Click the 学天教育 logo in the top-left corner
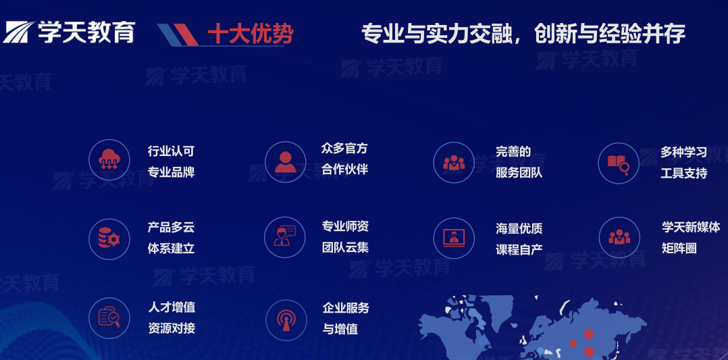69,32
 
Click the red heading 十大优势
250,34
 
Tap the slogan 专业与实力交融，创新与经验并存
523,33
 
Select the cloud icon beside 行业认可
109,161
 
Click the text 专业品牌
171,172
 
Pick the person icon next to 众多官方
285,162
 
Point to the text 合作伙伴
344,169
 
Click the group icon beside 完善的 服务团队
454,163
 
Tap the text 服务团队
519,172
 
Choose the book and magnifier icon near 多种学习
619,163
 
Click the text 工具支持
683,173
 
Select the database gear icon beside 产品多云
109,238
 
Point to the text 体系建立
171,248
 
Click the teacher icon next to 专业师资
285,236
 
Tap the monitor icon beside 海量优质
454,238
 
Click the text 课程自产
519,249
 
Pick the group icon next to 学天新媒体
619,237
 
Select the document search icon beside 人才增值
109,317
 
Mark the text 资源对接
171,328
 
